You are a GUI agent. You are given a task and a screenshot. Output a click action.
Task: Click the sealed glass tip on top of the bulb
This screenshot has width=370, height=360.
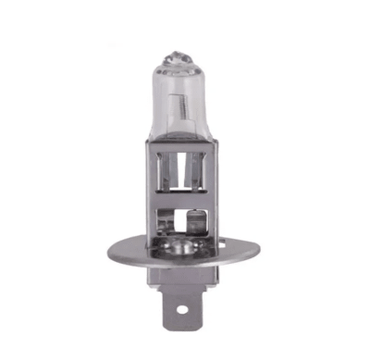click(x=181, y=54)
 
